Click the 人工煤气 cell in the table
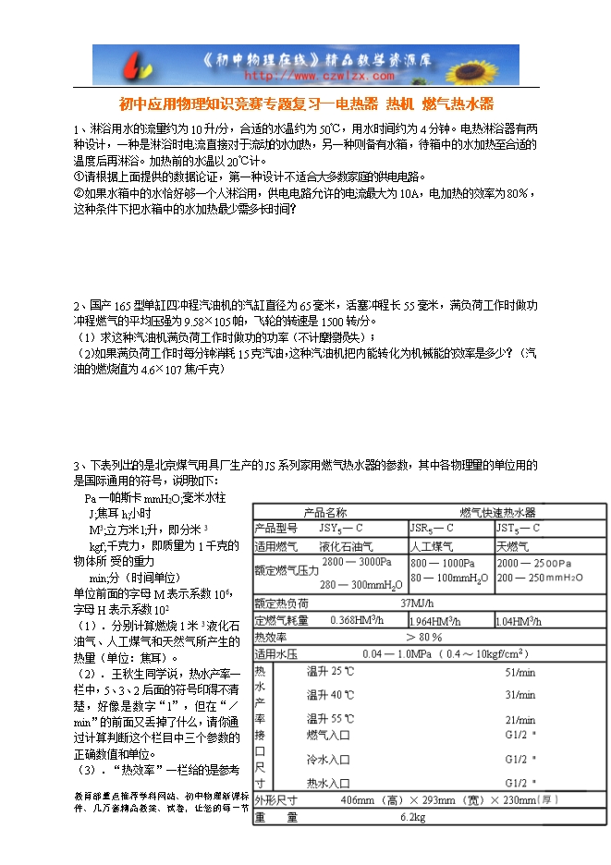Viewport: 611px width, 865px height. point(432,546)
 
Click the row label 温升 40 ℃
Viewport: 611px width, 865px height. point(330,694)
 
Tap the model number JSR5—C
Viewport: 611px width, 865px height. point(432,528)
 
